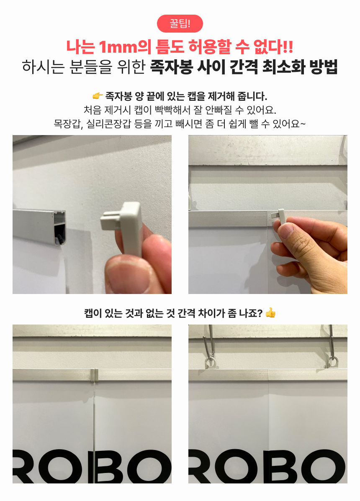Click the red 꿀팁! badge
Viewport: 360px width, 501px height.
click(180, 24)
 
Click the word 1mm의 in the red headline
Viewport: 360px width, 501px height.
click(125, 47)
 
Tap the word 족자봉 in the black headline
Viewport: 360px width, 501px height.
click(171, 67)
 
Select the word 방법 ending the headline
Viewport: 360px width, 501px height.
click(324, 67)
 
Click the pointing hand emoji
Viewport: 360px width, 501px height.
click(97, 96)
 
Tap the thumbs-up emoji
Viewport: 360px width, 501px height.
click(270, 312)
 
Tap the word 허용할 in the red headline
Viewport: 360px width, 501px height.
click(209, 47)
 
